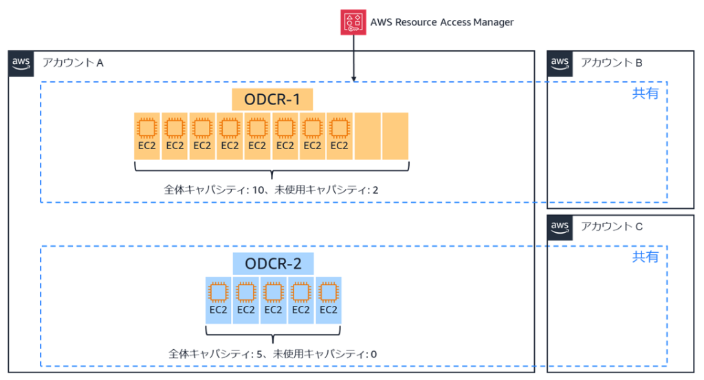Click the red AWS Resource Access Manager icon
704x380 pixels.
click(x=353, y=21)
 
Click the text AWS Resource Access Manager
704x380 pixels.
click(x=441, y=22)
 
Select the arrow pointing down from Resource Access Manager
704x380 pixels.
click(x=353, y=58)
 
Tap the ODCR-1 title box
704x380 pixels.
click(x=272, y=100)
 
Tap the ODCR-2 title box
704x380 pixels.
click(x=273, y=263)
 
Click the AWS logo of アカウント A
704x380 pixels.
click(x=21, y=63)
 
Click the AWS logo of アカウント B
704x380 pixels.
click(x=560, y=63)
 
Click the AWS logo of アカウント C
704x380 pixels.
click(x=560, y=226)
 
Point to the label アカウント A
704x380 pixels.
click(x=73, y=63)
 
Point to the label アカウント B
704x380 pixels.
click(x=611, y=63)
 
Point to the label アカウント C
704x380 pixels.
click(x=611, y=227)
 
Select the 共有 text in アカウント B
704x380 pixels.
click(x=645, y=93)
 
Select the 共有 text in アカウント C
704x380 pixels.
click(x=645, y=257)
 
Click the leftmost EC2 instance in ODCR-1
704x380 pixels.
click(x=147, y=135)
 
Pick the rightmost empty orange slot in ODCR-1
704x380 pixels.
click(x=395, y=135)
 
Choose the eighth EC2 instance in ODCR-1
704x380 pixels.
click(x=340, y=135)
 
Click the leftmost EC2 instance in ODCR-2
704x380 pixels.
click(x=219, y=300)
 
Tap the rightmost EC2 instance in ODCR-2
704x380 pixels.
click(x=329, y=300)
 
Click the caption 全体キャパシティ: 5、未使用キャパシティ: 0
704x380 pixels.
click(x=273, y=354)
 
